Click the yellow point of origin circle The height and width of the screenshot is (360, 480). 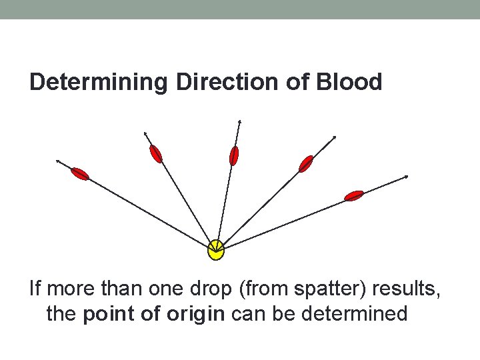(x=215, y=250)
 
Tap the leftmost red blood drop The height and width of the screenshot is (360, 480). (x=80, y=175)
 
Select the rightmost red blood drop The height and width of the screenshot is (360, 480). (x=354, y=195)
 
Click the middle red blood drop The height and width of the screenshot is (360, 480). (x=233, y=155)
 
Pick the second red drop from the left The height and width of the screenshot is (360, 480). (x=155, y=154)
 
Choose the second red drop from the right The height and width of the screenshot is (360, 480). (x=306, y=163)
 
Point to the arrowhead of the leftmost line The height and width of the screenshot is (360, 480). (x=57, y=161)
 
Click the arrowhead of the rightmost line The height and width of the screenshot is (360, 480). (x=406, y=177)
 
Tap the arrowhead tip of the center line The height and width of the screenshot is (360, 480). (x=239, y=121)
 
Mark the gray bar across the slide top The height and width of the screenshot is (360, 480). (x=240, y=9)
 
